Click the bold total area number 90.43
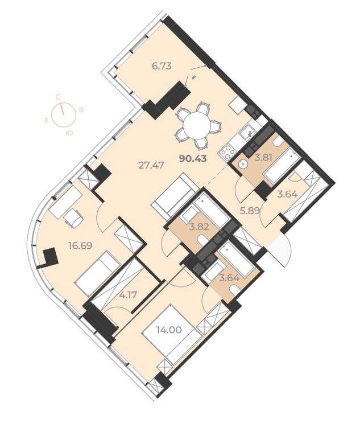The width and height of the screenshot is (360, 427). [x=193, y=158]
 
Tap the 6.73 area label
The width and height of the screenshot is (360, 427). [x=162, y=66]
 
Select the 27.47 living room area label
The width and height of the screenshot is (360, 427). [x=151, y=165]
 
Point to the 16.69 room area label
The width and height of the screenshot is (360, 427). [x=81, y=245]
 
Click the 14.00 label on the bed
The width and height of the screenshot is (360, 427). [x=169, y=330]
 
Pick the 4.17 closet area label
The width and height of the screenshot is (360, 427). [x=128, y=295]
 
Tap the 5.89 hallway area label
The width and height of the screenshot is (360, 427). [x=250, y=211]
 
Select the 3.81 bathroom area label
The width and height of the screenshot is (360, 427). [x=263, y=157]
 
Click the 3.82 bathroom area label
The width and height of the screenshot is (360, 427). [x=199, y=227]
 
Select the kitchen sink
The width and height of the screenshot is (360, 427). [x=247, y=133]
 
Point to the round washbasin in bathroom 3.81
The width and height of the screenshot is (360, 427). [x=242, y=164]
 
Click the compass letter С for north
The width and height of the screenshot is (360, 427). [x=58, y=96]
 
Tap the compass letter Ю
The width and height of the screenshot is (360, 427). [x=69, y=133]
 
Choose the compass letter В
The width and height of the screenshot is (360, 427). [x=81, y=110]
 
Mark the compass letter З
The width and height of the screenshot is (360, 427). [x=46, y=120]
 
